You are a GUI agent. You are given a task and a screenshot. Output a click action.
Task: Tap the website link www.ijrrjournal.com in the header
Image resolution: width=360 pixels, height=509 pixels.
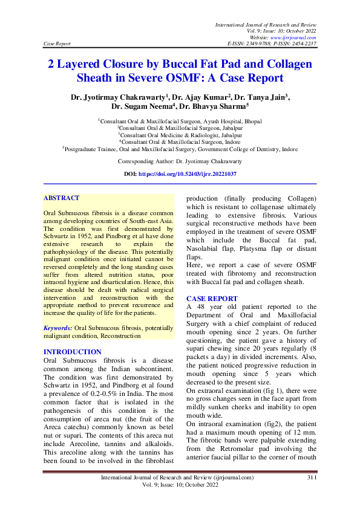click(295, 37)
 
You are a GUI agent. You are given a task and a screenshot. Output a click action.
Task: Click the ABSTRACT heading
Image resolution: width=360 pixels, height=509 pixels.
click(61, 198)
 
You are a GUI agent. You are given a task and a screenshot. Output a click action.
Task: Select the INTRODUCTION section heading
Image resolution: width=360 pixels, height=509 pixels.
click(73, 352)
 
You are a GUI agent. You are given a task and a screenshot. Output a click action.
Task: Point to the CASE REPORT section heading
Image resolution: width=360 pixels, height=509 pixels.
click(212, 299)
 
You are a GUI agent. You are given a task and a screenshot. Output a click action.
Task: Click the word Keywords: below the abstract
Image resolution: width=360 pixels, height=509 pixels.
click(58, 328)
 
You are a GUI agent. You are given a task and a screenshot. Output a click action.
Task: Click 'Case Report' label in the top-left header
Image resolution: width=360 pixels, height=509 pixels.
click(57, 44)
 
